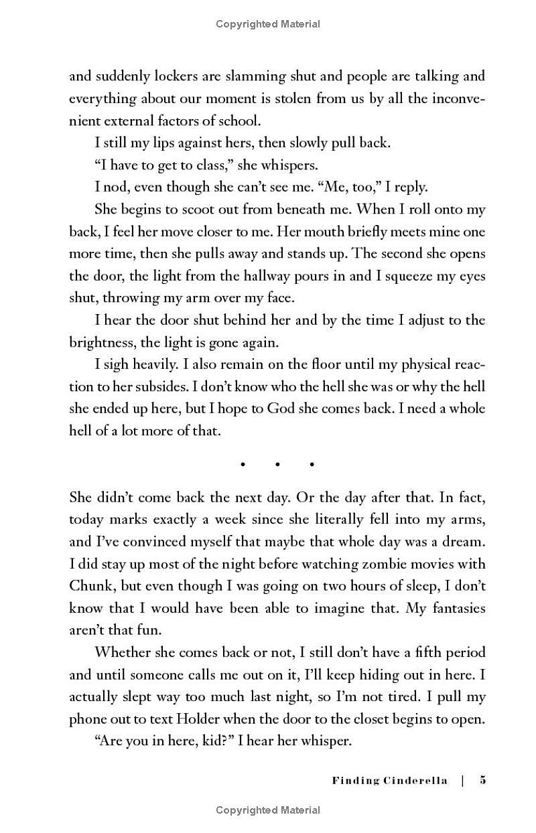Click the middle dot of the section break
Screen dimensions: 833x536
[x=277, y=463]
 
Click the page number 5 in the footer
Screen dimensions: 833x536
[x=482, y=780]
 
